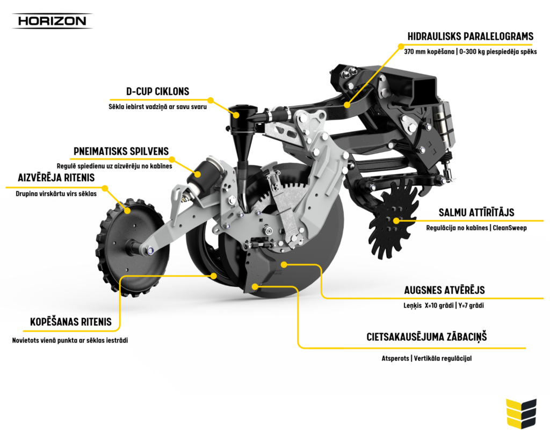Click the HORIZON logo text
[52, 21]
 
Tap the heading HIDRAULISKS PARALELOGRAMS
[470, 37]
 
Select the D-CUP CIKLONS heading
[157, 91]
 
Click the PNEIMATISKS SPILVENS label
[121, 151]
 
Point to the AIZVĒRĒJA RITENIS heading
[56, 177]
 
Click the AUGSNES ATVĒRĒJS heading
[444, 290]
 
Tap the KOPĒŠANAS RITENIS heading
[71, 322]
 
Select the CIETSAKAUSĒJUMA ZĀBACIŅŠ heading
[426, 337]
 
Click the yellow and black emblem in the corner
[520, 413]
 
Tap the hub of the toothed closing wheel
[132, 247]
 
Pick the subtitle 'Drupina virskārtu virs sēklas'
[56, 193]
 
